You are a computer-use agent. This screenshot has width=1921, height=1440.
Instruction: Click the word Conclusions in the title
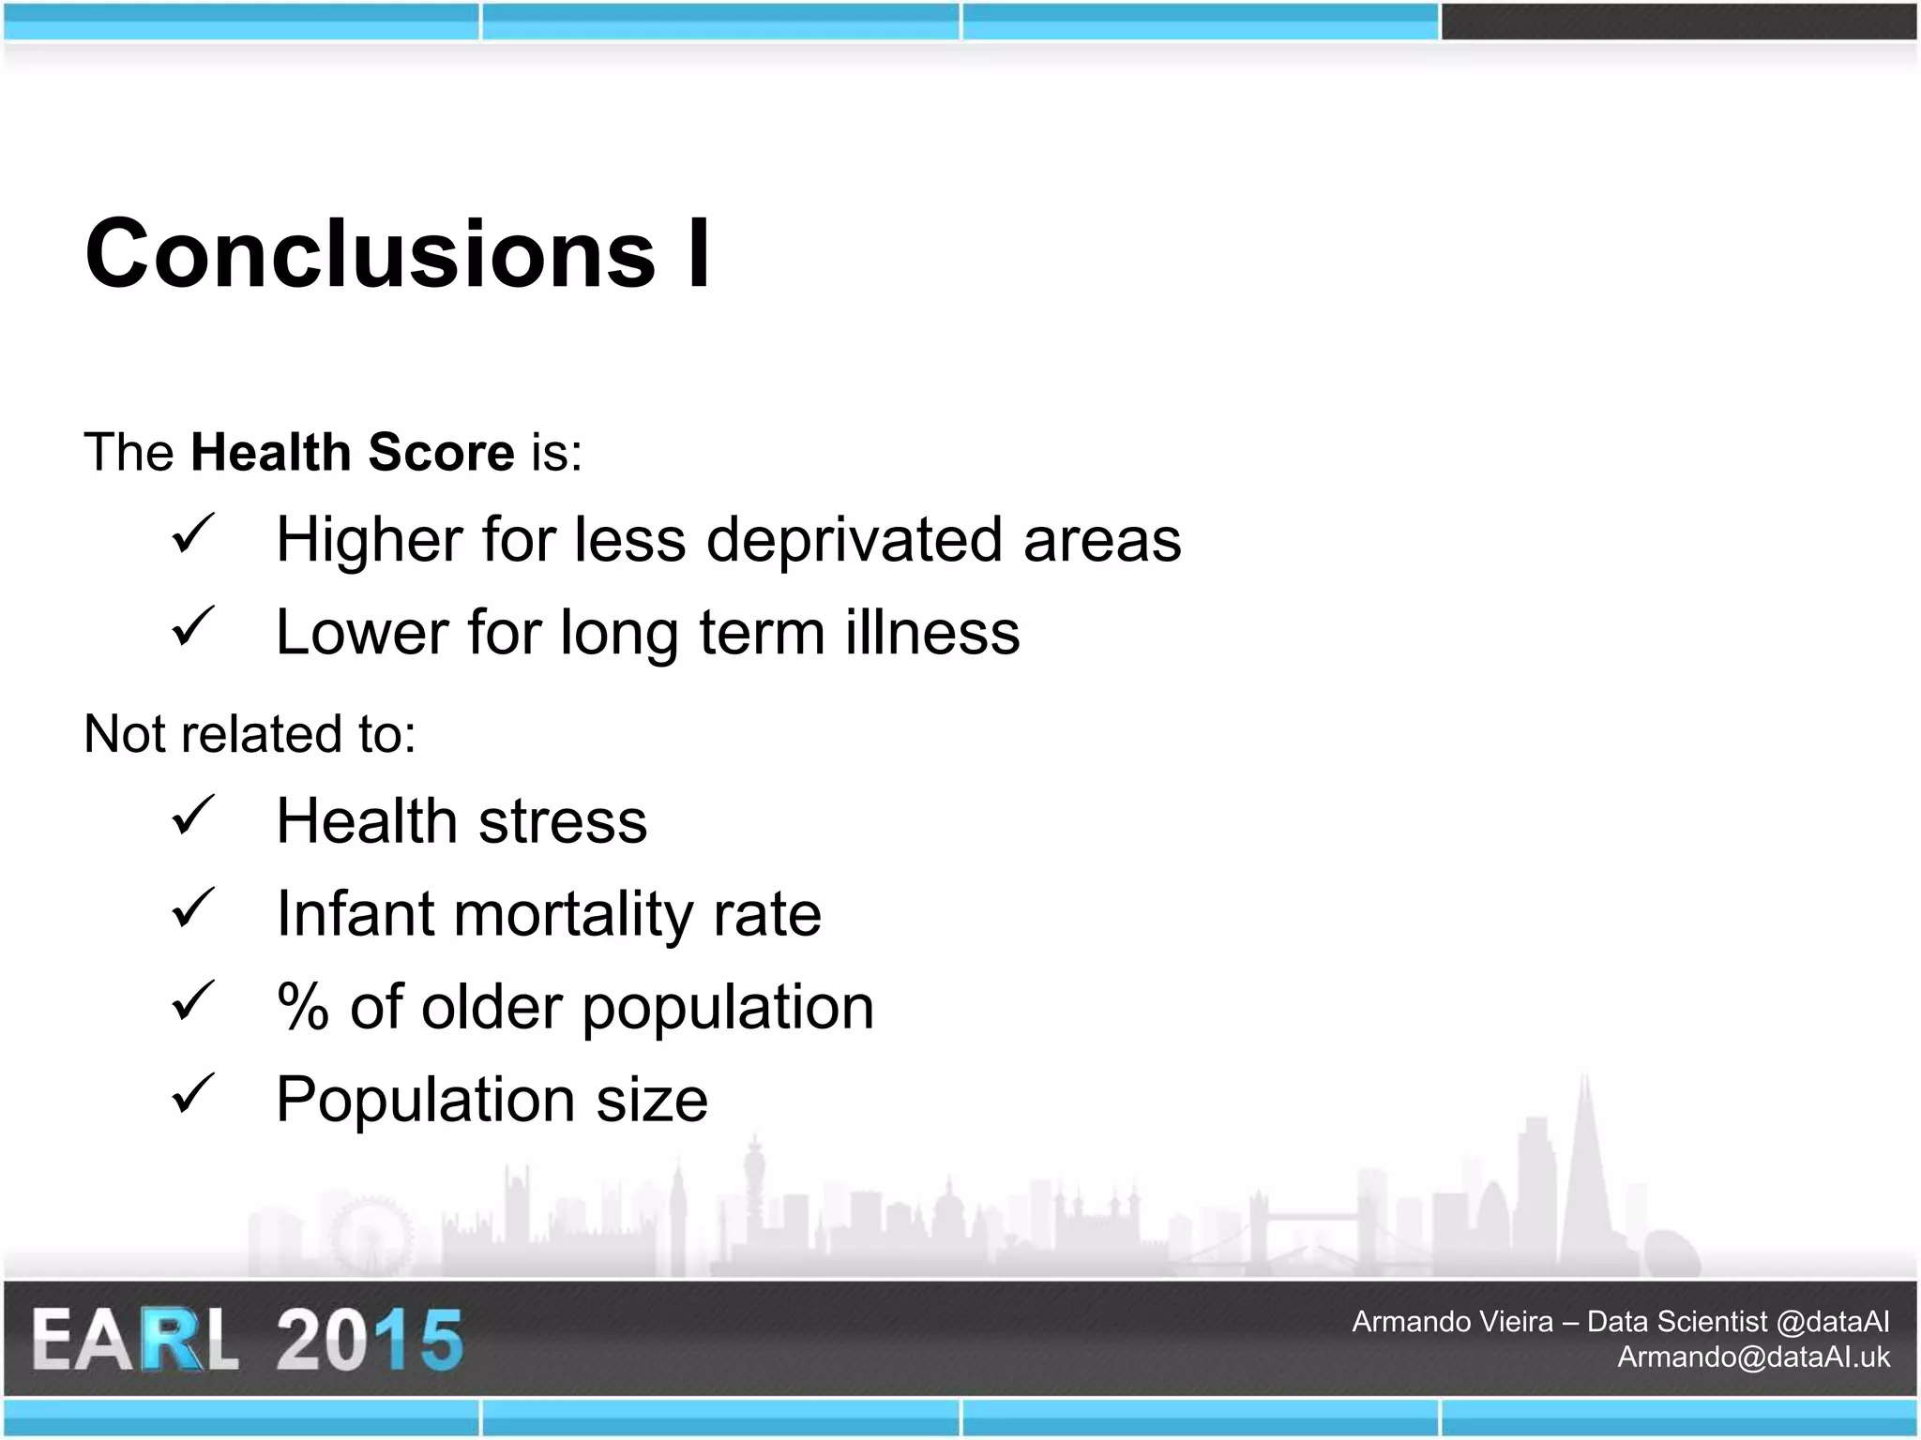tap(371, 254)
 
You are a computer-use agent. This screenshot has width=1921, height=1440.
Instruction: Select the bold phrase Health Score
tap(352, 452)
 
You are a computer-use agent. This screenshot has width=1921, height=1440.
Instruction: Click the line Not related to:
tap(250, 733)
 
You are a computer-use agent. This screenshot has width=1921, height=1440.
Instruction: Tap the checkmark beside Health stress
tap(193, 816)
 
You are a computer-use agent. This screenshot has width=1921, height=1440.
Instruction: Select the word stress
tap(562, 821)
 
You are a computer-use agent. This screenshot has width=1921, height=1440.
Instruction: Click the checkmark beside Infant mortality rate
tap(193, 908)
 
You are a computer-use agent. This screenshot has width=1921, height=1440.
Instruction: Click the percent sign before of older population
tap(302, 1007)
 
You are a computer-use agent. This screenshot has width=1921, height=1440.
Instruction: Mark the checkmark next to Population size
tap(193, 1094)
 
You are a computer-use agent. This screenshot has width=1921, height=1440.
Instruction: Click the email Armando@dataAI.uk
tap(1753, 1357)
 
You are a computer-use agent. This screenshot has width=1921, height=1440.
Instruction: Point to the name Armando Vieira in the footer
tap(1452, 1322)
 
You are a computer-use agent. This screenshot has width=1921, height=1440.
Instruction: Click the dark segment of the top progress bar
tap(1678, 22)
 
